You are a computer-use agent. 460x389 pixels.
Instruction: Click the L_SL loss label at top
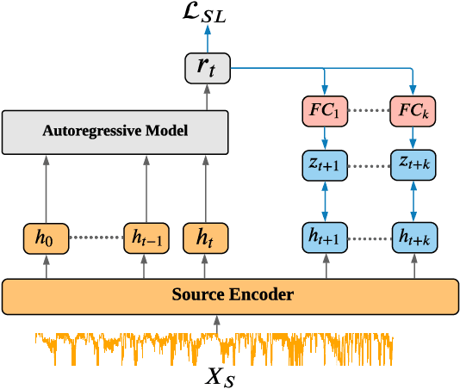[x=208, y=14]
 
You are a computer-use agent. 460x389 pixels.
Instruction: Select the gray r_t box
[x=208, y=67]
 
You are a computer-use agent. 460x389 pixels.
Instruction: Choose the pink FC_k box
[x=413, y=112]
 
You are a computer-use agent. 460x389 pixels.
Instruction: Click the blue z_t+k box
[x=413, y=164]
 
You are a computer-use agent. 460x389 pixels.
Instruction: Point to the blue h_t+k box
[x=413, y=237]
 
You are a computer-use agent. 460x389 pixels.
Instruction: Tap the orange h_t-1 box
[x=145, y=237]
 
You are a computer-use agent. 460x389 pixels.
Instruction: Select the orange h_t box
[x=205, y=237]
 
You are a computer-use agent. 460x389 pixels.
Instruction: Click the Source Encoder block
[x=230, y=295]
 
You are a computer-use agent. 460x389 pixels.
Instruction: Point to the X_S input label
[x=217, y=375]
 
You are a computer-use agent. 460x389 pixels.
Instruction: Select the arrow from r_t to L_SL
[x=208, y=39]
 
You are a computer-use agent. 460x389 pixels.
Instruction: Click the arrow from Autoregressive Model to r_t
[x=208, y=97]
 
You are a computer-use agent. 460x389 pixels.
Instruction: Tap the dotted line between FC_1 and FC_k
[x=370, y=112]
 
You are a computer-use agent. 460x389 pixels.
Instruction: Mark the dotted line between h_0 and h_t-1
[x=96, y=237]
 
